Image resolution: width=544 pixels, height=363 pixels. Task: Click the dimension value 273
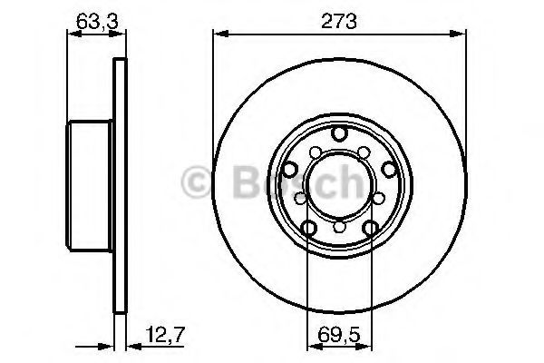338,21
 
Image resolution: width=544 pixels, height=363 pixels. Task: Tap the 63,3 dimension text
97,21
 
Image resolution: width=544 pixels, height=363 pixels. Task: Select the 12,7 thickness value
166,335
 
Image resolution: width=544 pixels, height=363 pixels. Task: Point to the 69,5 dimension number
339,335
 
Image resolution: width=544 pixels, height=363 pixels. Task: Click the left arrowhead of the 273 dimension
220,34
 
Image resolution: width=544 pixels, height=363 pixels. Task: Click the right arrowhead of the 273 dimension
458,34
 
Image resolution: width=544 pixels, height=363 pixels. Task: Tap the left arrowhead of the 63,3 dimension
74,34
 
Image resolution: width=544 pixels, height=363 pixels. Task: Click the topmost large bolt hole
339,133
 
